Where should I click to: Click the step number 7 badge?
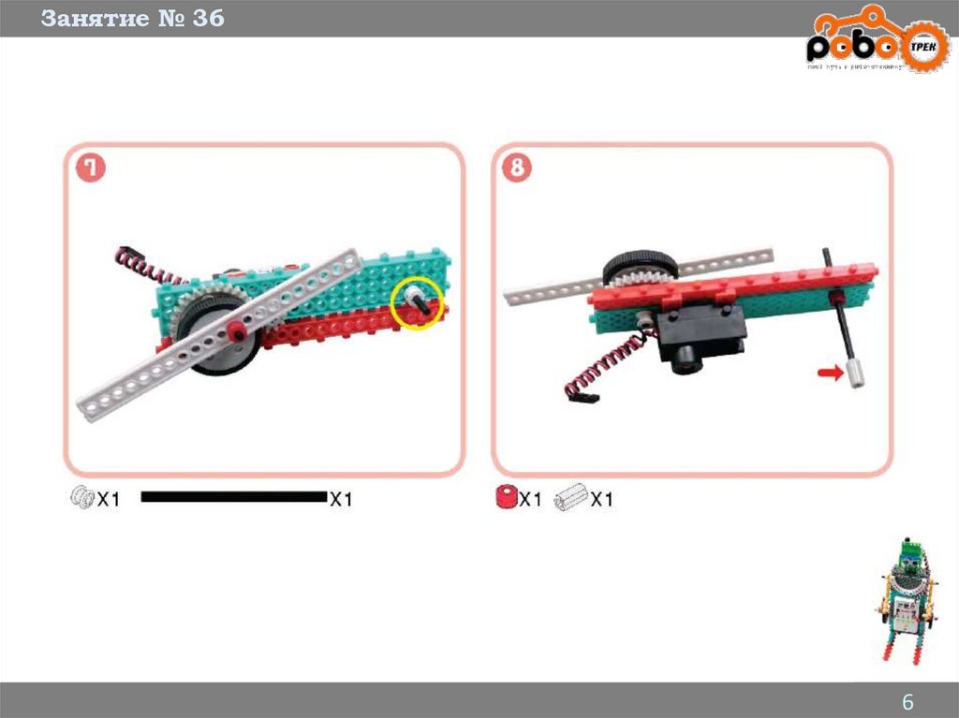point(91,168)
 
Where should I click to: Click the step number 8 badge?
point(517,168)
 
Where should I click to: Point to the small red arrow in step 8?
point(830,373)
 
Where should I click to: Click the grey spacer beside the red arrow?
point(855,374)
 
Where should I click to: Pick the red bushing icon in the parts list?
point(507,498)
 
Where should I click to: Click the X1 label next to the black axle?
point(341,499)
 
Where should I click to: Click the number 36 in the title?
point(209,18)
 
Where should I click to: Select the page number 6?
point(907,703)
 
